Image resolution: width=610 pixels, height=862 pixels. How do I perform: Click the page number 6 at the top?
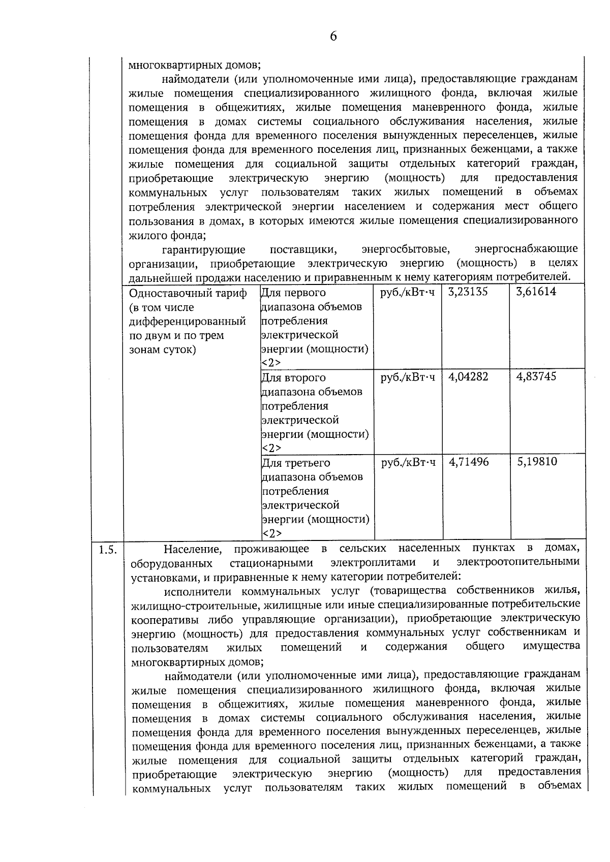pyautogui.click(x=333, y=36)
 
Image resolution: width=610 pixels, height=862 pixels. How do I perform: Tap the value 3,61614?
pyautogui.click(x=536, y=292)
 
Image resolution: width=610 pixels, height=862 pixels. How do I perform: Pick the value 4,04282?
pyautogui.click(x=468, y=377)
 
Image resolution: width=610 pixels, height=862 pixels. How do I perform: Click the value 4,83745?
pyautogui.click(x=536, y=377)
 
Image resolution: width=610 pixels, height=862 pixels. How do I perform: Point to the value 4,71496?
pyautogui.click(x=469, y=462)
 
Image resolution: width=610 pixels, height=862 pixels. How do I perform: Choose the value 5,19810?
pyautogui.click(x=537, y=462)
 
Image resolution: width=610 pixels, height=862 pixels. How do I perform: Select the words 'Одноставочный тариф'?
pyautogui.click(x=188, y=294)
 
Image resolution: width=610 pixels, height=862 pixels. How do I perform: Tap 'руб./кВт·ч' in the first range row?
pyautogui.click(x=408, y=293)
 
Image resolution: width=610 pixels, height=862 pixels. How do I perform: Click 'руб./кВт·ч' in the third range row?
pyautogui.click(x=408, y=463)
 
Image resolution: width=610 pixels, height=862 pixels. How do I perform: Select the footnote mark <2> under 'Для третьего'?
pyautogui.click(x=271, y=533)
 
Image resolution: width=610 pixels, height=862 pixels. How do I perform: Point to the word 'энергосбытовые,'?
pyautogui.click(x=406, y=249)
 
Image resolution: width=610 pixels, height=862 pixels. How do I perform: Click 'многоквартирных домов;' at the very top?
pyautogui.click(x=194, y=65)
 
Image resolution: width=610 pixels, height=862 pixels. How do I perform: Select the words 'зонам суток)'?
pyautogui.click(x=163, y=350)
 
